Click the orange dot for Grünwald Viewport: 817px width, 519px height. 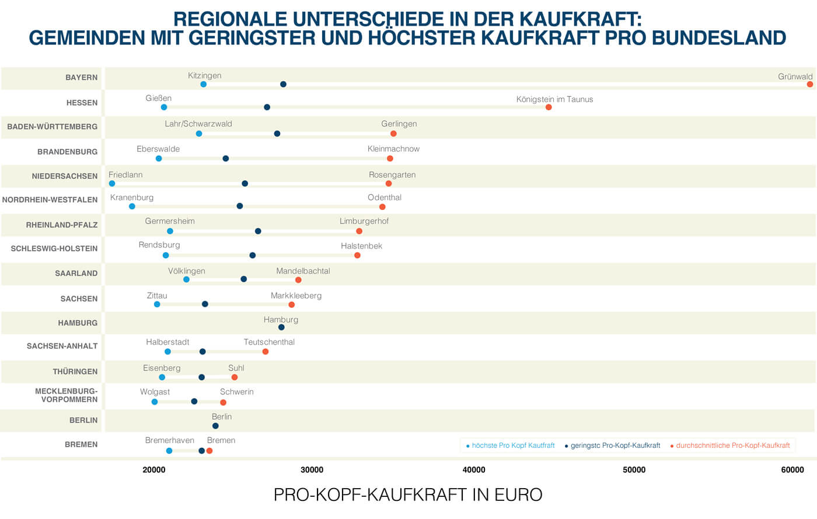coord(810,85)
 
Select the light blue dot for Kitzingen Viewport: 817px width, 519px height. coord(203,85)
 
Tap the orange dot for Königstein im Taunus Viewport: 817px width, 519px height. coord(549,107)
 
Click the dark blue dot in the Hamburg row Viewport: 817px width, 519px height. coord(281,327)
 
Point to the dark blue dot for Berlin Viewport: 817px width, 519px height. coord(215,426)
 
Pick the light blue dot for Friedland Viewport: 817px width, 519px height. coord(112,184)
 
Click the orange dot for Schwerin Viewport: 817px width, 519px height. coord(223,402)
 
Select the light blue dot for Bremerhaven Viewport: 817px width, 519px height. coord(169,451)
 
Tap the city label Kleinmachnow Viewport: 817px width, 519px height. coord(393,149)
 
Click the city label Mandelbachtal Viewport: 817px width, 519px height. coord(303,271)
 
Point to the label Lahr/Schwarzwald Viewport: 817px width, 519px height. coord(198,124)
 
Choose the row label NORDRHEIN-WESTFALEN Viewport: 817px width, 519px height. coord(50,199)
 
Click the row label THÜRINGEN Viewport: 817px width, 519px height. coord(75,371)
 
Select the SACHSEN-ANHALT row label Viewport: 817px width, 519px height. coord(62,346)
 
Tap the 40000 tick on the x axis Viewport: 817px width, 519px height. coord(474,470)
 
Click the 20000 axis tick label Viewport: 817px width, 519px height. coord(154,470)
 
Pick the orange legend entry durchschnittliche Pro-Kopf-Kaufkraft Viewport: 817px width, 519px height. coord(732,446)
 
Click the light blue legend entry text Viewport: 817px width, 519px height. coord(513,446)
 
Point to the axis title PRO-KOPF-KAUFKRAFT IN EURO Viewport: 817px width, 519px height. coord(408,495)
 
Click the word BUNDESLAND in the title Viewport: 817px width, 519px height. coord(719,38)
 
